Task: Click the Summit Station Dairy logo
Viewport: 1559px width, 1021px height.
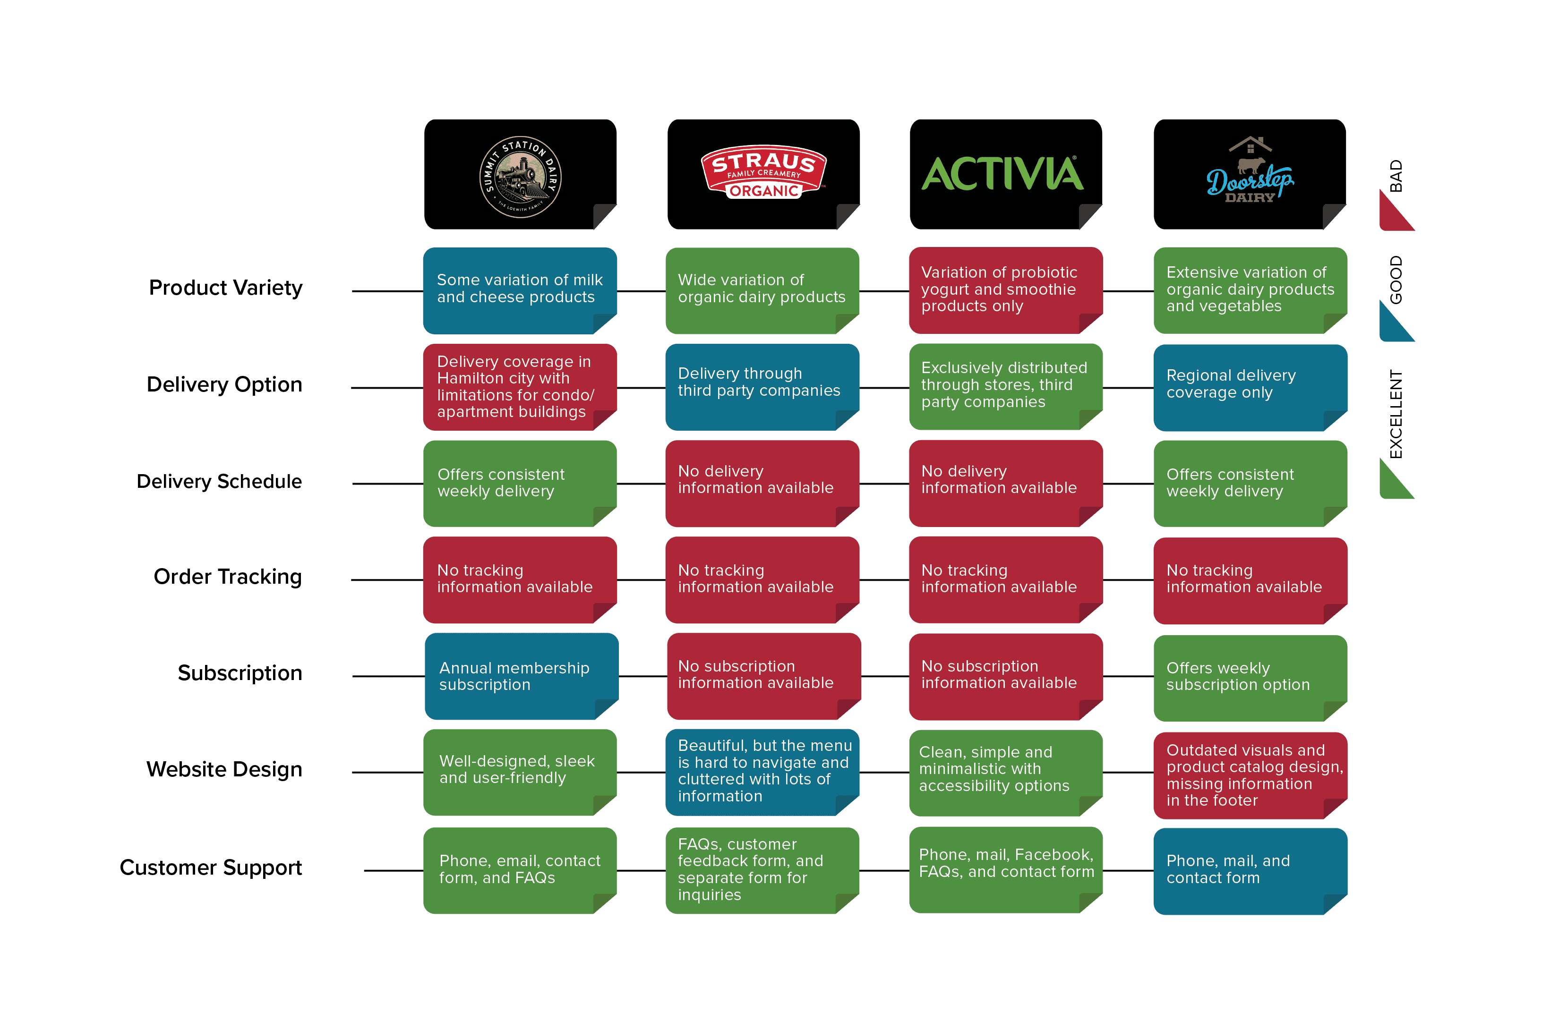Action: point(521,177)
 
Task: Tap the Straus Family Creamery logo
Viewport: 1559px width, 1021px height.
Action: point(764,171)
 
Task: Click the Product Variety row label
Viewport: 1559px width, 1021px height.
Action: point(225,288)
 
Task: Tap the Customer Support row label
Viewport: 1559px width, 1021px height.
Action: point(210,868)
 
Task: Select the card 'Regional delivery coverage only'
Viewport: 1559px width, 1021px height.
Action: point(1251,388)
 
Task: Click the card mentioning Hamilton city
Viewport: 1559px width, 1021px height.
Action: point(520,387)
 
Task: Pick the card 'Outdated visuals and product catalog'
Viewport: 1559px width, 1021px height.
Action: point(1251,775)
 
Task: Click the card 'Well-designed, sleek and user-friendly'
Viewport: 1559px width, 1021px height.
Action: point(520,773)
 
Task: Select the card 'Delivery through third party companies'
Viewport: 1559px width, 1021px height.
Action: point(762,387)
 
